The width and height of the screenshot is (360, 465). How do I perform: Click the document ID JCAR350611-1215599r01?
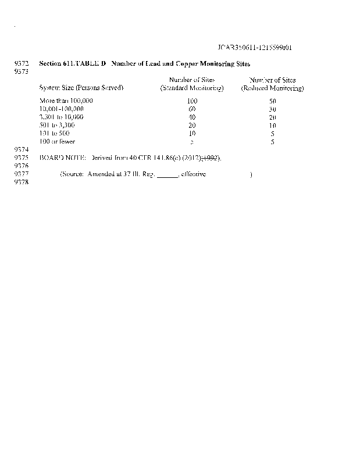tap(258, 47)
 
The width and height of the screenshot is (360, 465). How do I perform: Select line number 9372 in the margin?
tap(21, 63)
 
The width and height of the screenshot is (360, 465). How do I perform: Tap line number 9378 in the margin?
tap(21, 182)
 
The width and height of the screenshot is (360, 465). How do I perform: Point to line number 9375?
tap(21, 158)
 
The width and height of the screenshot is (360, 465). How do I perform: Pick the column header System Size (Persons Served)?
tap(81, 88)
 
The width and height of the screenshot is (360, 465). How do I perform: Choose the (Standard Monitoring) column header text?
tap(192, 88)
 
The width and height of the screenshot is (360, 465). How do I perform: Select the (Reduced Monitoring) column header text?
tap(272, 88)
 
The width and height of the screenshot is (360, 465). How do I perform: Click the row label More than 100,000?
tap(66, 101)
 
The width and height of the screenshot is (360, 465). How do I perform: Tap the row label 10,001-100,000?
tap(62, 109)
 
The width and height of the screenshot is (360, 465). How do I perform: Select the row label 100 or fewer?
tap(57, 141)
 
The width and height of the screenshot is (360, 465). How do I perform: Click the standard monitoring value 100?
tap(192, 101)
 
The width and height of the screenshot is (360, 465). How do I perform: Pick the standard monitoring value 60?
tap(192, 109)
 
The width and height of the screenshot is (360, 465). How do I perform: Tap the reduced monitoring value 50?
tap(272, 101)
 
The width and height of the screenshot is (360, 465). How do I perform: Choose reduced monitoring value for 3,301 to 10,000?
tap(272, 117)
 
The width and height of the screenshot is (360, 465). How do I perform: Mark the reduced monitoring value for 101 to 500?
tap(272, 133)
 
